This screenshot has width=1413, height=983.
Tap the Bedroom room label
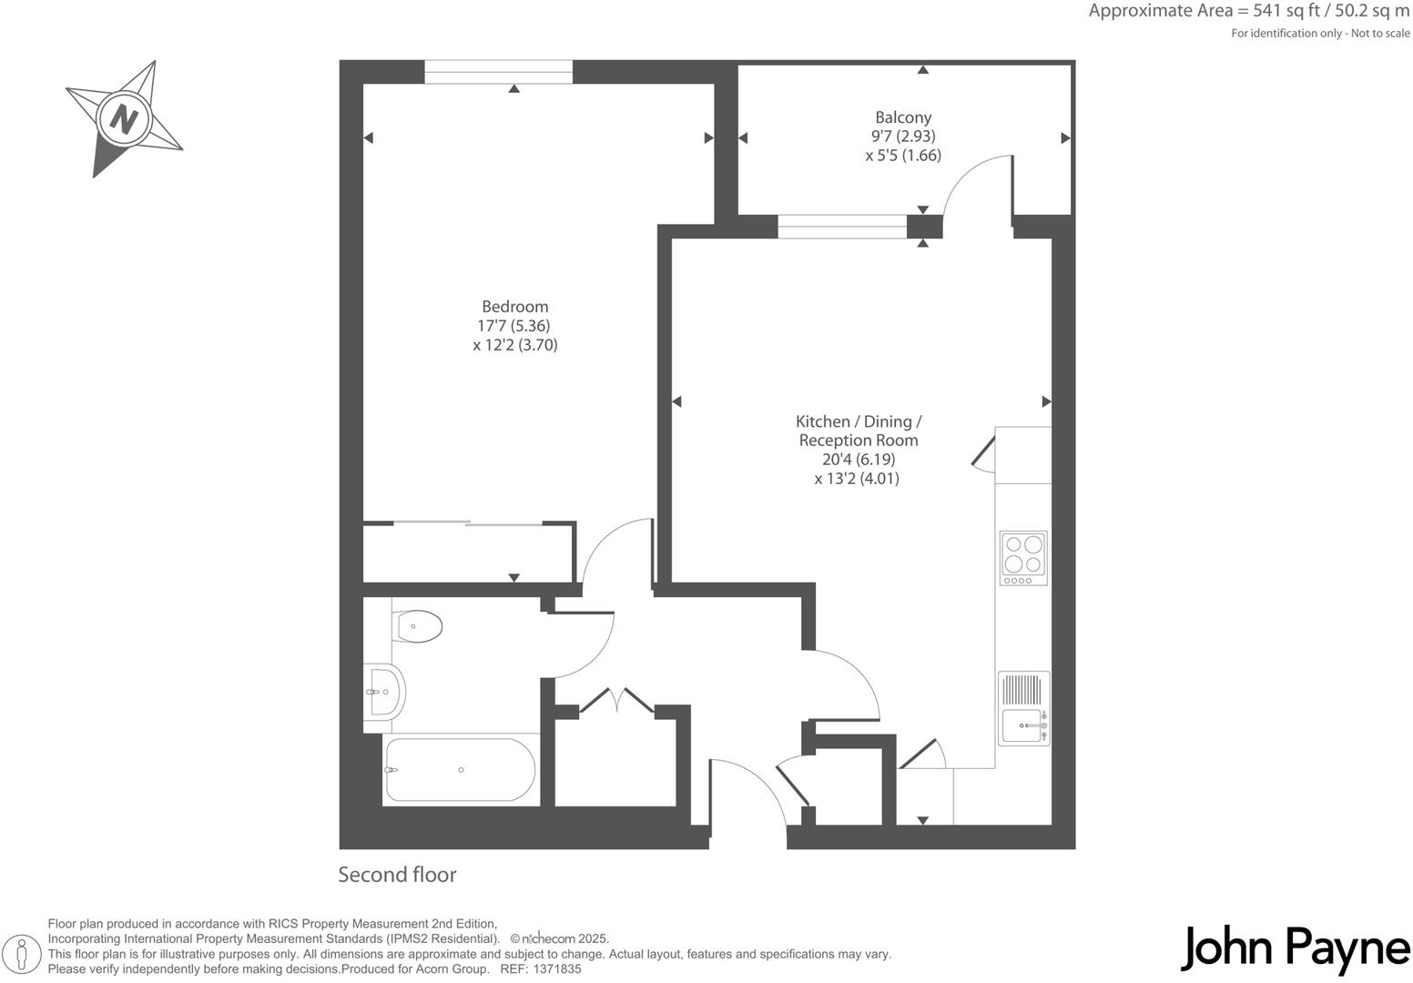(x=514, y=307)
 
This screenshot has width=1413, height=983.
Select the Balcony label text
(x=903, y=117)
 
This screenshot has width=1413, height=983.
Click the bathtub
(x=460, y=770)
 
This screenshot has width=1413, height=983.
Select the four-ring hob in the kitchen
(x=1023, y=558)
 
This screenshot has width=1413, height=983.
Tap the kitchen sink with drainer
(x=1023, y=709)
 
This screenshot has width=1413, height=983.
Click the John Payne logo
(x=1295, y=948)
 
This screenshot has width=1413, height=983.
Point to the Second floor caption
(x=397, y=875)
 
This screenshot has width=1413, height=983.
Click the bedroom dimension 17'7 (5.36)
(x=513, y=326)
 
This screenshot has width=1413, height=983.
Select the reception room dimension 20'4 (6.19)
(x=858, y=460)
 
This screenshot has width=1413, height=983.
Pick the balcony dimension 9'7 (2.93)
(x=903, y=137)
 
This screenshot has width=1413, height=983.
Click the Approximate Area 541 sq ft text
(x=1248, y=12)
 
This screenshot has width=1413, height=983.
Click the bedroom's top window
(x=498, y=72)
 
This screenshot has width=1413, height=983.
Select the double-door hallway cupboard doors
(x=617, y=702)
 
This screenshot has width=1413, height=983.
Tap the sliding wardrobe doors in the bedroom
(x=469, y=523)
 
